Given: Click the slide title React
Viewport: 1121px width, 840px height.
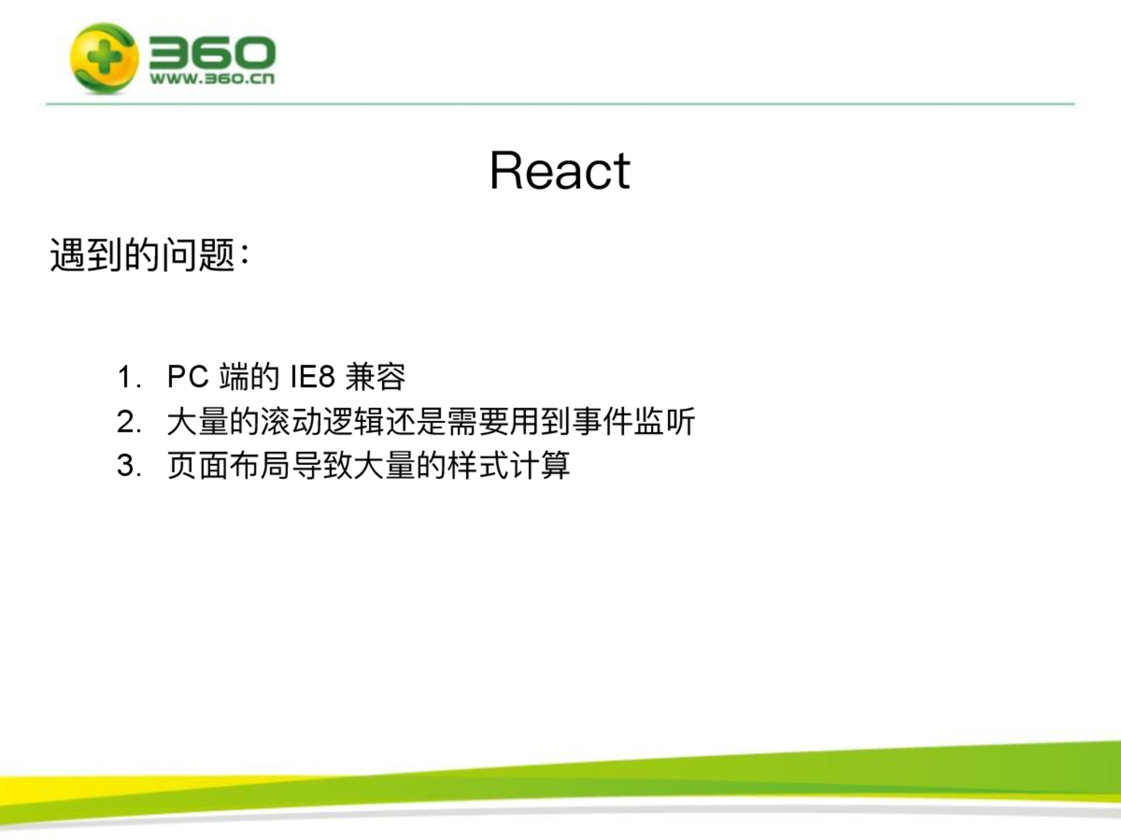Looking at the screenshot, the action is [x=560, y=170].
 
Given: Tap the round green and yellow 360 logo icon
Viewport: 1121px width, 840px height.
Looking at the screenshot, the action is [x=104, y=58].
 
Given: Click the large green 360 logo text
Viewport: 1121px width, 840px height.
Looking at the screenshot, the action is [x=212, y=52].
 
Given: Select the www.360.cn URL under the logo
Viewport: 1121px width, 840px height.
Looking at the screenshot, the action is [x=212, y=79].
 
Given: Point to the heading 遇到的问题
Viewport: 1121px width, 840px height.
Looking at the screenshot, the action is [x=142, y=255].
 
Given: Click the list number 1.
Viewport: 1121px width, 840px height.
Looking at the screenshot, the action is [x=128, y=377].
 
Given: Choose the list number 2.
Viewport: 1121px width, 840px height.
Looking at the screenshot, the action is [x=129, y=422].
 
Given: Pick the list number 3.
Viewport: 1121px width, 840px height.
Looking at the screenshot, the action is [x=129, y=466].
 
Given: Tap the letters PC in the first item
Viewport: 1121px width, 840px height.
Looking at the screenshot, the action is [x=188, y=377].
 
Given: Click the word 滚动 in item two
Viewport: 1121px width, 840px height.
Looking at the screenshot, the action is [x=291, y=421].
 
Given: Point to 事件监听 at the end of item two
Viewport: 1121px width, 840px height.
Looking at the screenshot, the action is [x=633, y=421].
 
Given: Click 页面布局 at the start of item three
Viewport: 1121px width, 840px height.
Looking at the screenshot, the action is [x=229, y=466].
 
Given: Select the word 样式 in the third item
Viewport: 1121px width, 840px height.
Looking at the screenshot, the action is [x=478, y=466].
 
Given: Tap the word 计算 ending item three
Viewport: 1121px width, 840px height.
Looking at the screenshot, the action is [x=540, y=466].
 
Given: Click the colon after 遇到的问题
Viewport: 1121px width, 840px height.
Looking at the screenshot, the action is [x=244, y=255].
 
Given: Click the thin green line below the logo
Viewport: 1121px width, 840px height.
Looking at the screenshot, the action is [x=560, y=104].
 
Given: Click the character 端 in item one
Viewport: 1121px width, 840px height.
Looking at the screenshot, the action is [x=234, y=377].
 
